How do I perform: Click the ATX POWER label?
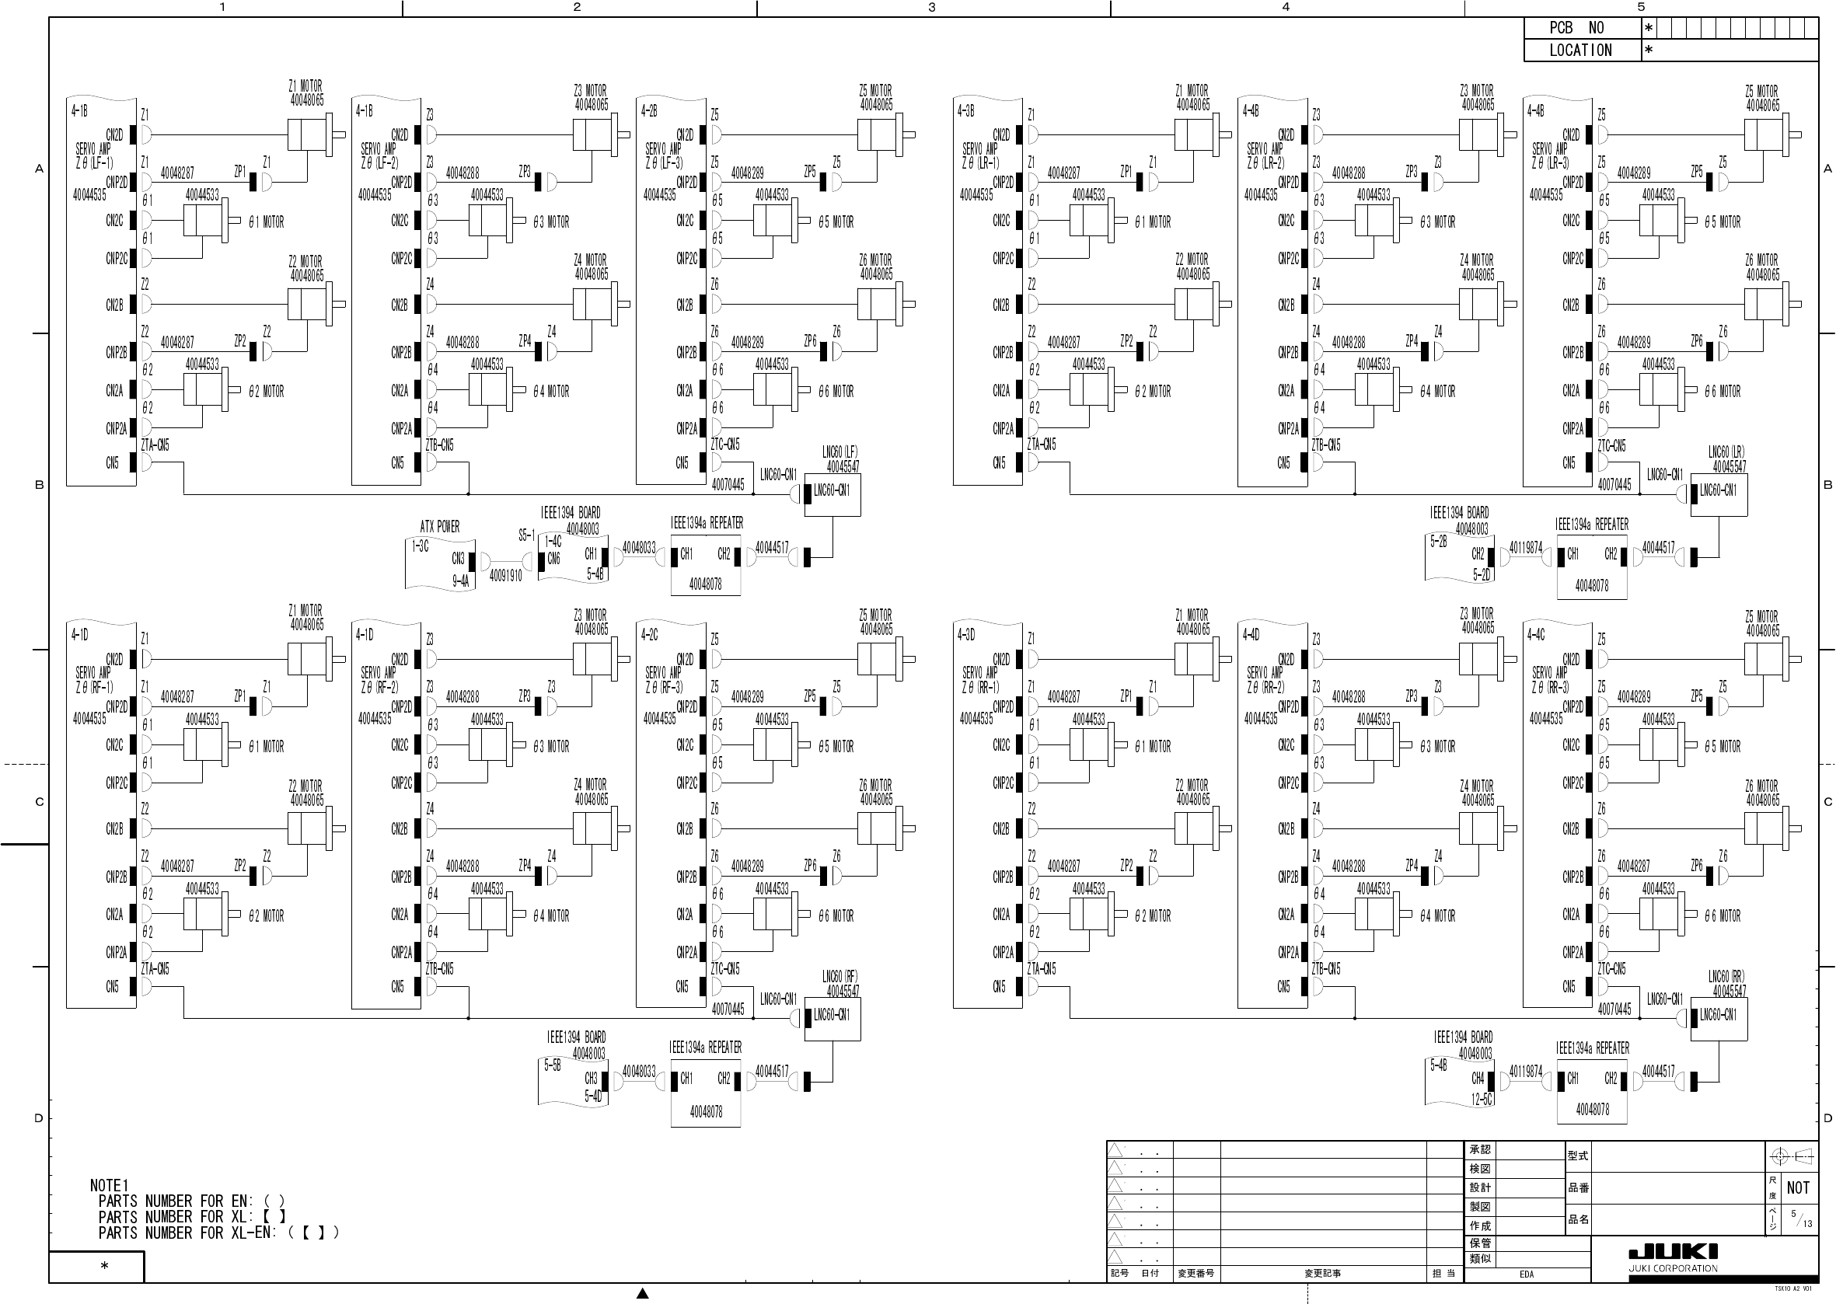click(x=440, y=527)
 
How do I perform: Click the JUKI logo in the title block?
click(x=1673, y=1252)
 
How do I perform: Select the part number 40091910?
click(x=506, y=576)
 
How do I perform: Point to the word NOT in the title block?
click(x=1798, y=1187)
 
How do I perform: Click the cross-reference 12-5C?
click(x=1482, y=1100)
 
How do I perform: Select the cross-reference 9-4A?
click(x=460, y=581)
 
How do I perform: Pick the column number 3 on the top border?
click(x=932, y=7)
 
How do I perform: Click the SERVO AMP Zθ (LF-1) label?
click(x=94, y=155)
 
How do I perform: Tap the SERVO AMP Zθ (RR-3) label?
click(x=1551, y=680)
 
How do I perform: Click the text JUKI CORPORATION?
click(x=1673, y=1269)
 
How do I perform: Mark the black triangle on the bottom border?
click(x=643, y=1293)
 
